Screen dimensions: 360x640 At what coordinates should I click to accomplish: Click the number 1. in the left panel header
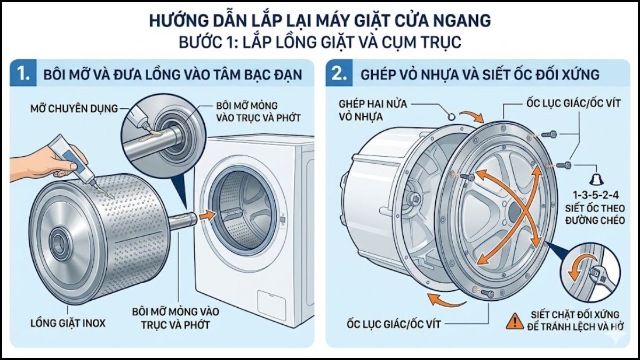24,74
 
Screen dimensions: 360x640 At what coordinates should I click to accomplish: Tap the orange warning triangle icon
515,321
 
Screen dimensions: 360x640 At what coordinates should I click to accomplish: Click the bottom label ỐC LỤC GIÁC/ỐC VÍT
394,322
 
